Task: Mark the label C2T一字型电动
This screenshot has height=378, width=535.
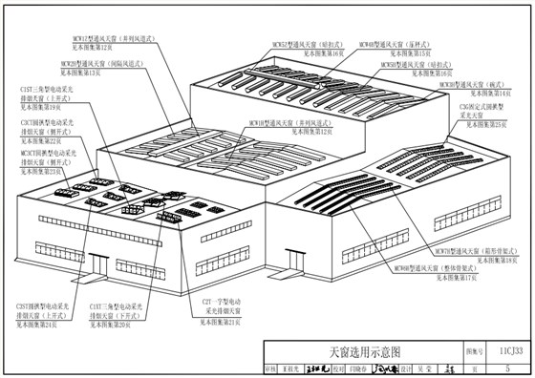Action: tap(222, 302)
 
